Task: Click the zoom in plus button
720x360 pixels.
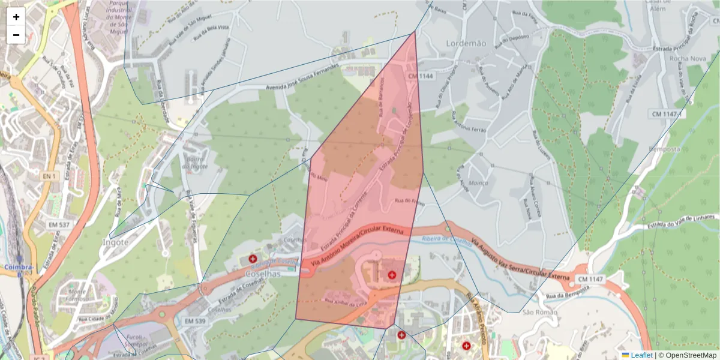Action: [x=16, y=17]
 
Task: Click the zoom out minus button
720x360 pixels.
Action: [x=16, y=35]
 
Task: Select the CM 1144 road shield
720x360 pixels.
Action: [x=421, y=76]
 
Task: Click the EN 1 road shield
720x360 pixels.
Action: [x=49, y=176]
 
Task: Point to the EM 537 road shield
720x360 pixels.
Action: [x=59, y=224]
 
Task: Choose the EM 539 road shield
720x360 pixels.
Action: [x=195, y=322]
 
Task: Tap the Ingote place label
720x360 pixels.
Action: [x=116, y=242]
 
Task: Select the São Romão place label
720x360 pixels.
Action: [x=536, y=312]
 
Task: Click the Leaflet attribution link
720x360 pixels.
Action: [x=641, y=355]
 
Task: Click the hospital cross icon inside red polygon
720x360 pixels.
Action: [x=392, y=275]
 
